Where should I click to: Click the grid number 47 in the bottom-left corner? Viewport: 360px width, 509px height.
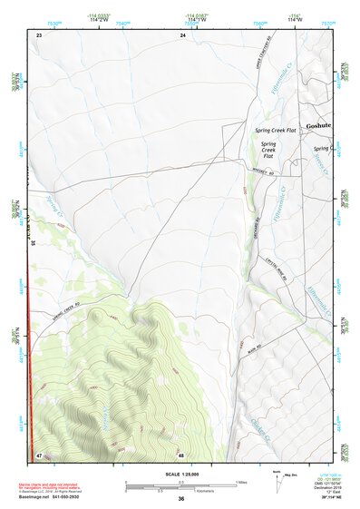point(39,453)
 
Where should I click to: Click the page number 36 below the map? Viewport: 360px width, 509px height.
point(181,498)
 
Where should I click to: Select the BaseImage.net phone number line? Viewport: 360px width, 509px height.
point(56,497)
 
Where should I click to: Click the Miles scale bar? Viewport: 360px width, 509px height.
point(180,484)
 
